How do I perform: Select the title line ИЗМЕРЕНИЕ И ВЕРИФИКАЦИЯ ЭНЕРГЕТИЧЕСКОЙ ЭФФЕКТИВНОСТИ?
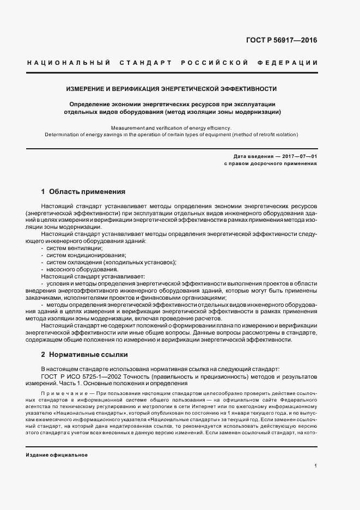pyautogui.click(x=172, y=88)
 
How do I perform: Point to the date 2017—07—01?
pyautogui.click(x=298, y=156)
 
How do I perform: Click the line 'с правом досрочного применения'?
pyautogui.click(x=270, y=163)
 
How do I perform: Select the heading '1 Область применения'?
pyautogui.click(x=83, y=192)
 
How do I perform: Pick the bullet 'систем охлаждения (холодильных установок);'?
pyautogui.click(x=111, y=262)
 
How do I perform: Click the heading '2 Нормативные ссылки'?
pyautogui.click(x=84, y=354)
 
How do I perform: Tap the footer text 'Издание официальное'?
pyautogui.click(x=56, y=454)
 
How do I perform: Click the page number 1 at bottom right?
pyautogui.click(x=315, y=466)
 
